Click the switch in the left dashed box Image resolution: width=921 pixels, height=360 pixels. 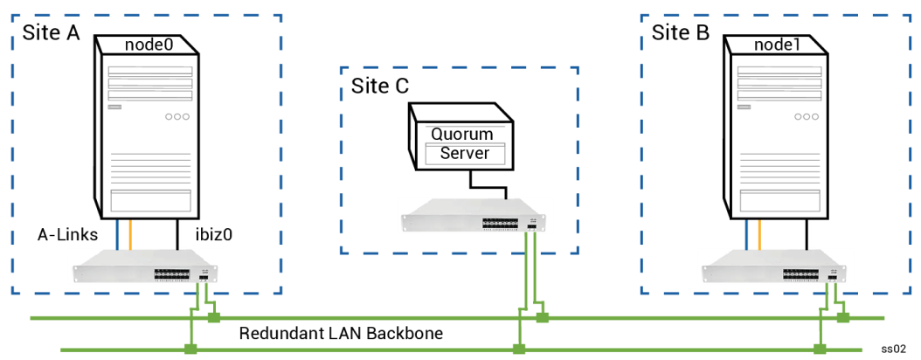(x=146, y=267)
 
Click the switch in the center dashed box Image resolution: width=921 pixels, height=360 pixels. (x=475, y=216)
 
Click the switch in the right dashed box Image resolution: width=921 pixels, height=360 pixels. (x=775, y=267)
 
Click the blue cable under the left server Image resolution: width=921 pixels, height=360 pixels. (x=117, y=235)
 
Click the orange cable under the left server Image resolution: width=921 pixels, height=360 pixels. (x=130, y=235)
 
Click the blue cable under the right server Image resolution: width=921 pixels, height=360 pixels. (x=746, y=235)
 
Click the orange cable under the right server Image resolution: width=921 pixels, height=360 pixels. (x=759, y=235)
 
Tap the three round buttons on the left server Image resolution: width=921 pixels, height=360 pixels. (x=177, y=116)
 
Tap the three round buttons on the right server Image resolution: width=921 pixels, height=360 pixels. (x=806, y=116)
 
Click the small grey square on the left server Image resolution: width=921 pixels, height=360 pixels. (x=114, y=107)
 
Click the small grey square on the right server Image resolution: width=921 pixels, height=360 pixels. (x=744, y=107)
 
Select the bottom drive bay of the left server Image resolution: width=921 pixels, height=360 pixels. (x=150, y=201)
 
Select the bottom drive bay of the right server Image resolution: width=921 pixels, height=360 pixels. (x=779, y=201)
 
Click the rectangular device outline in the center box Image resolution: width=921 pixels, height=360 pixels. (x=465, y=154)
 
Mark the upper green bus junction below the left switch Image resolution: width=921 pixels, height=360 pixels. (x=214, y=318)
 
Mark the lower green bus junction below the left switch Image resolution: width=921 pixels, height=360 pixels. (x=190, y=350)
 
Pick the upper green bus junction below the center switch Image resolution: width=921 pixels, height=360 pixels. (x=543, y=318)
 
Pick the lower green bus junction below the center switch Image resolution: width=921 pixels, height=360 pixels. (x=519, y=350)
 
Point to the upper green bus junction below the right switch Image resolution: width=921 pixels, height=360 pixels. (x=843, y=318)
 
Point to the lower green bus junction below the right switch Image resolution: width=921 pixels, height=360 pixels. (x=820, y=350)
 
